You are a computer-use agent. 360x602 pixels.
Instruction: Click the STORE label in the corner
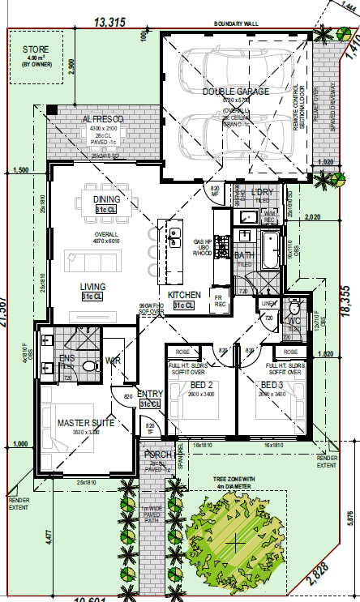point(36,50)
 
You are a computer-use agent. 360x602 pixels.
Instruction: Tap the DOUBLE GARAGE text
point(235,92)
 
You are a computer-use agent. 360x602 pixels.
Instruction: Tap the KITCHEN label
point(184,295)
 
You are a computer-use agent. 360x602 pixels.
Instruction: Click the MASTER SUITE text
point(84,423)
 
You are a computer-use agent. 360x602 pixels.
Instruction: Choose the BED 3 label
point(272,385)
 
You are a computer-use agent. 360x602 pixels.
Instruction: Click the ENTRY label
point(150,394)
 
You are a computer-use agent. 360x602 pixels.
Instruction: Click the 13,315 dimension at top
point(109,22)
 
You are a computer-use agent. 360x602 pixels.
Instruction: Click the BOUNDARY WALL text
point(236,24)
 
